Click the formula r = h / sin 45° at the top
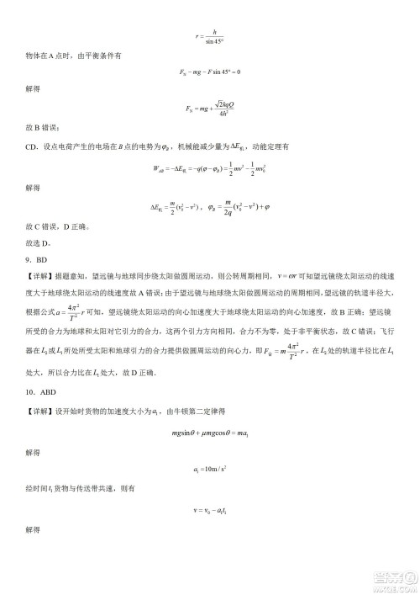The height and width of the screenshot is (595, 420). pos(210,36)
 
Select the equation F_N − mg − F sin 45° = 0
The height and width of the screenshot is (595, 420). pos(210,72)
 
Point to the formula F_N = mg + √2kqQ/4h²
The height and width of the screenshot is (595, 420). pos(210,108)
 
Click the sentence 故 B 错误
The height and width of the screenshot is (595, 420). pos(41,127)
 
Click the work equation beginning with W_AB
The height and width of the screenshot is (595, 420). pos(210,167)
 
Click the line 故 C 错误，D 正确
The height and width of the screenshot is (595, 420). pos(58,227)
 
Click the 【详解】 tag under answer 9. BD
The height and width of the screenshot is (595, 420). pos(39,275)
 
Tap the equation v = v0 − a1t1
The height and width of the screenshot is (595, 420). pos(210,509)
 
